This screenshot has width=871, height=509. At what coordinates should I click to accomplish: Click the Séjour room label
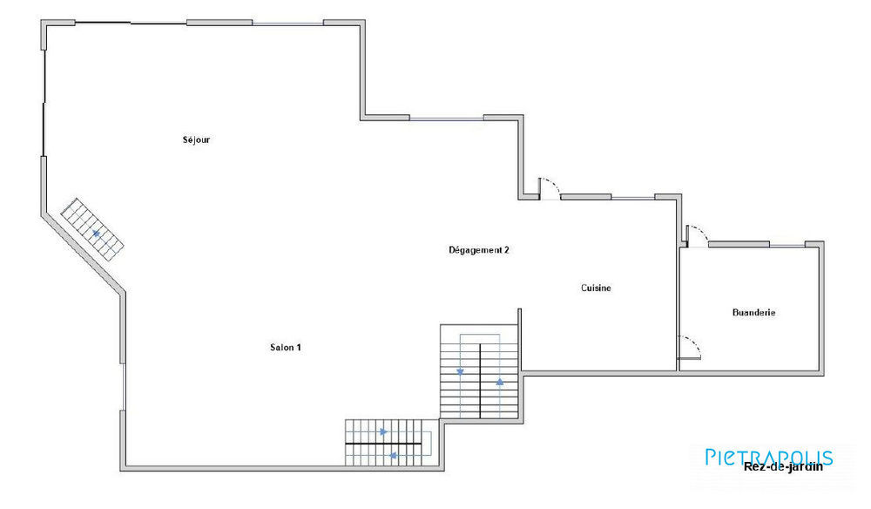coord(196,139)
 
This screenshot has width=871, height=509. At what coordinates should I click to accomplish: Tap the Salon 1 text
coord(286,347)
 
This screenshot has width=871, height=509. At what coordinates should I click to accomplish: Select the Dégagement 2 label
coord(478,250)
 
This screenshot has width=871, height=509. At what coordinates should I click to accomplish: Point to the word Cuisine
coord(596,288)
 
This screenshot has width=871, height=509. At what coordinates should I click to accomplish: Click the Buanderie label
coord(754,312)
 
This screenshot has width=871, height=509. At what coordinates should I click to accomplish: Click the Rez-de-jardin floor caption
coord(783,465)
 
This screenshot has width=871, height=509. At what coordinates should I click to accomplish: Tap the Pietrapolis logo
coord(768,456)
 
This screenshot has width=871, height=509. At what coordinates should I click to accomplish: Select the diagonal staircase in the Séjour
coord(92,229)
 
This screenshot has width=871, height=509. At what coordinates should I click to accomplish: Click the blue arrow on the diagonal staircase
coord(96,234)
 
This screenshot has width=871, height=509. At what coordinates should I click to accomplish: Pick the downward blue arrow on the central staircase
coord(460,371)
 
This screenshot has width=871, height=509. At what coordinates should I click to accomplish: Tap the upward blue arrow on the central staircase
coord(499,382)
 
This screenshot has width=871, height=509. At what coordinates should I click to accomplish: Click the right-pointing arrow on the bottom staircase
coord(383,431)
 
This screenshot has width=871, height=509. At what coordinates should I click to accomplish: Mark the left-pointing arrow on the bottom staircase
coord(393,455)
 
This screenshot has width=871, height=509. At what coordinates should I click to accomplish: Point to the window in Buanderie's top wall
coord(787,245)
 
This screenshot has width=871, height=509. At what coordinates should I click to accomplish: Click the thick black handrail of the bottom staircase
coord(383,445)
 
